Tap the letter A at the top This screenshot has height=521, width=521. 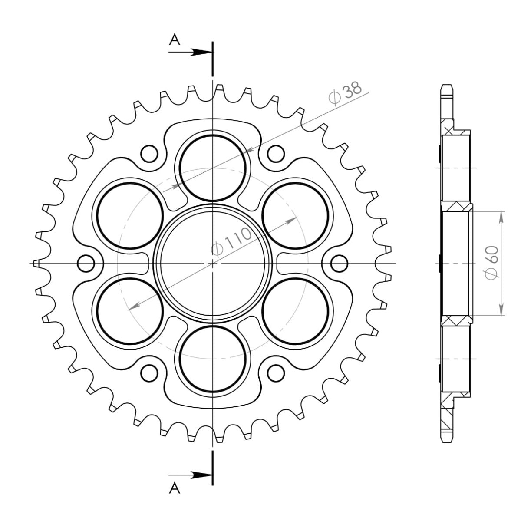click(x=175, y=40)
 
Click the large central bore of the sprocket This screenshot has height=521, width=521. click(x=213, y=263)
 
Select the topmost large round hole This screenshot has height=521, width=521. click(x=213, y=167)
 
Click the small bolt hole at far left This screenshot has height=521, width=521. click(x=86, y=263)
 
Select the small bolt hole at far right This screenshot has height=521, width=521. click(x=340, y=263)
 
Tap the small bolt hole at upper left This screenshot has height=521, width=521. click(x=149, y=153)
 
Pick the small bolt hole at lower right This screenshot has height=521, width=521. click(x=275, y=372)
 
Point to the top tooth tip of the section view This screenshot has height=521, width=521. click(x=446, y=86)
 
